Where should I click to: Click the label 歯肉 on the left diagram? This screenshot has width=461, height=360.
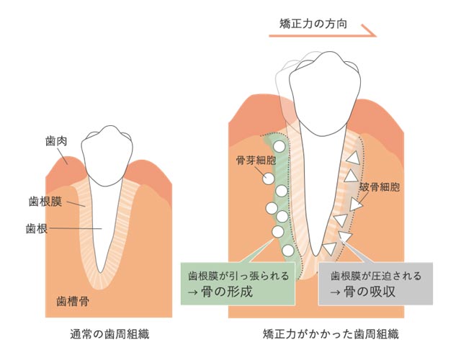[x=55, y=143]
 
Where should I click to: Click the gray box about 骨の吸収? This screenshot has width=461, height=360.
[x=375, y=284]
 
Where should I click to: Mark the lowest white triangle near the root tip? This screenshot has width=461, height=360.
[x=329, y=249]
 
